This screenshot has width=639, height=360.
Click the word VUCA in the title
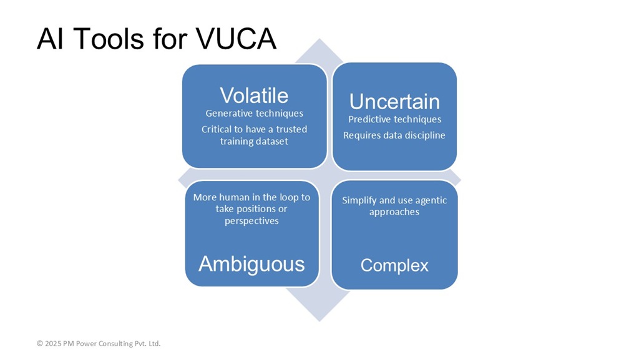coord(236,39)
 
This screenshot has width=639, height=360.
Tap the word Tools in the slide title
coord(109,39)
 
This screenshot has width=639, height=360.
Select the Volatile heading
coord(255,95)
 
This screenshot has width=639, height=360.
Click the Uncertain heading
coord(394,102)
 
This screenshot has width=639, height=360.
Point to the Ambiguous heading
coord(251,264)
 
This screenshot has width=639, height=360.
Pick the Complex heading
coord(394,266)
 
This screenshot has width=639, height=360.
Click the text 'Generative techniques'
coord(255,114)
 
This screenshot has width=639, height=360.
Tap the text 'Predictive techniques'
coord(394,120)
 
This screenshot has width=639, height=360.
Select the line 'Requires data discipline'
coord(394,135)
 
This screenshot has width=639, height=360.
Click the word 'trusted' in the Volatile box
coord(292,129)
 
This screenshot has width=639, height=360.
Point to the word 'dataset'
coord(271,141)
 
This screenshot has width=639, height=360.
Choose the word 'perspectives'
coord(251,221)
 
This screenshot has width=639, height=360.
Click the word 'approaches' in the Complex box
coord(394,213)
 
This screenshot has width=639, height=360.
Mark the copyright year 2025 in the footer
coord(53,344)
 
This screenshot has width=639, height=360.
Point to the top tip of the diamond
coord(319,39)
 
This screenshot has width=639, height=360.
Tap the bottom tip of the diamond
coord(319,321)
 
